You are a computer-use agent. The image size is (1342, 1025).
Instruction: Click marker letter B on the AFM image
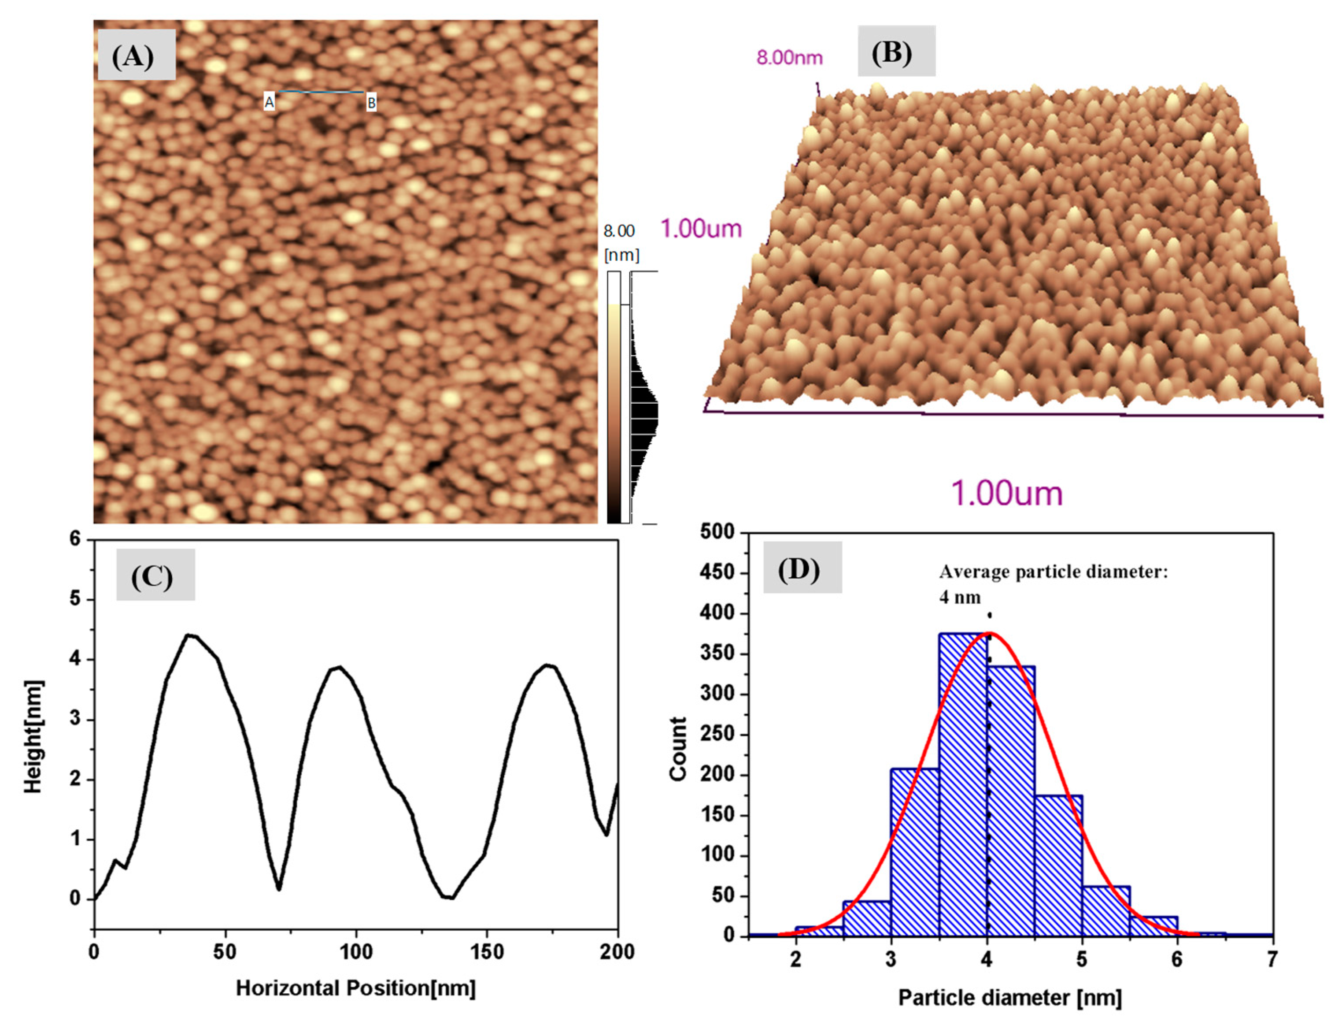pyautogui.click(x=371, y=103)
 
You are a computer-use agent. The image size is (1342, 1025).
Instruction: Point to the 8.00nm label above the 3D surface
pyautogui.click(x=789, y=58)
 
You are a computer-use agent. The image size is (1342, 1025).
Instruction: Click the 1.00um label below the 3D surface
pyautogui.click(x=1006, y=494)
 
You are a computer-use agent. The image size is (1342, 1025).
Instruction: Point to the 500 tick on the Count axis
pyautogui.click(x=719, y=532)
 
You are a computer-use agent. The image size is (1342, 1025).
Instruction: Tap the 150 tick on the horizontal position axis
pyautogui.click(x=487, y=952)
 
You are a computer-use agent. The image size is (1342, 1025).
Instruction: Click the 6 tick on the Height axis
pyautogui.click(x=75, y=539)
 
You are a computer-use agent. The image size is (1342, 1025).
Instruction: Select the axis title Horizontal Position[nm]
pyautogui.click(x=355, y=988)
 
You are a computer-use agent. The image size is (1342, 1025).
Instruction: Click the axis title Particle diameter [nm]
pyautogui.click(x=1010, y=998)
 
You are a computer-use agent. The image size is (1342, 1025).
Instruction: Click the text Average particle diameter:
pyautogui.click(x=1053, y=572)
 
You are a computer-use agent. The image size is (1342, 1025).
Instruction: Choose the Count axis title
pyautogui.click(x=678, y=749)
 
